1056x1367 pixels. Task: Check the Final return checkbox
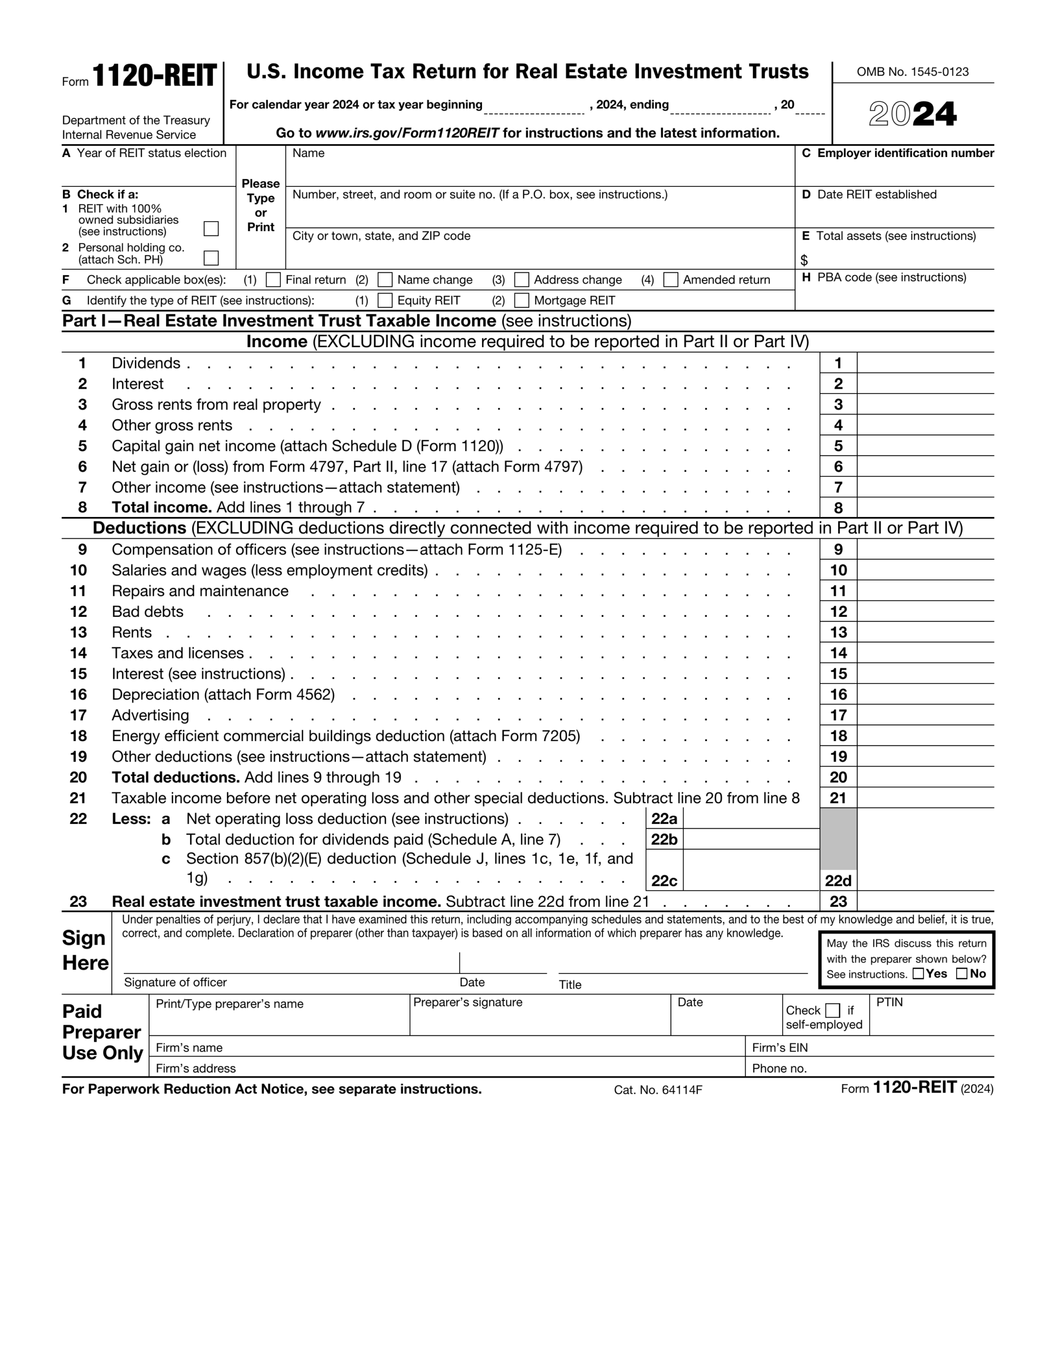click(273, 280)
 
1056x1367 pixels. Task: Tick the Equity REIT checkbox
click(385, 301)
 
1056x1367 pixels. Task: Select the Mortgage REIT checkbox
click(522, 301)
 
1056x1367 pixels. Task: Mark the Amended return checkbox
click(671, 280)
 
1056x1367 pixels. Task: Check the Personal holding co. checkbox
click(211, 258)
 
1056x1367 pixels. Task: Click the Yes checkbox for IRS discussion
click(918, 973)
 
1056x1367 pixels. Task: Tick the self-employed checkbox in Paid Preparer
click(832, 1010)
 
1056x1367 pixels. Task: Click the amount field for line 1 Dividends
click(925, 363)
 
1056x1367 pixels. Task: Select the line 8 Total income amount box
click(925, 508)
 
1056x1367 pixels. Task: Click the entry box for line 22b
click(751, 839)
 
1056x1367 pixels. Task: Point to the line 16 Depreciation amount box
click(925, 694)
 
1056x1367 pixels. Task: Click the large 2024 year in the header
click(912, 115)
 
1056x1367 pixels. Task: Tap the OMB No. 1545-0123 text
click(912, 72)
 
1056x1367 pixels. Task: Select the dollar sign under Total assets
click(805, 260)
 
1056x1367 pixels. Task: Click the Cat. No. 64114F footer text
click(657, 1090)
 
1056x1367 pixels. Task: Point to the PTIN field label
click(889, 1002)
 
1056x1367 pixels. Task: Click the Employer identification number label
click(904, 153)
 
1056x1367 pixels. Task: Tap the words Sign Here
click(85, 950)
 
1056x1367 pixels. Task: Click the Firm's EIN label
click(779, 1048)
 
